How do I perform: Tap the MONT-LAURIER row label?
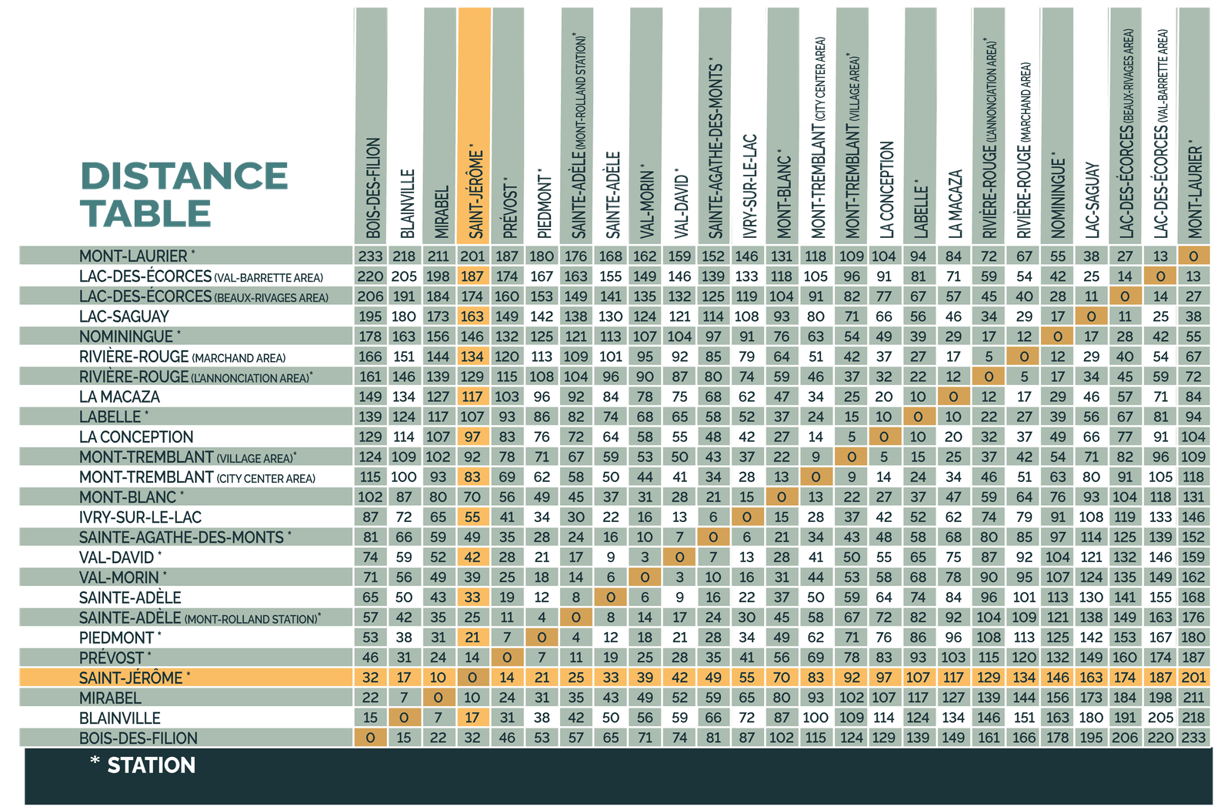133,256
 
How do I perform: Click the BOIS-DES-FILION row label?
138,738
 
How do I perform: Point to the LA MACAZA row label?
119,397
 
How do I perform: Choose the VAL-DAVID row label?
117,557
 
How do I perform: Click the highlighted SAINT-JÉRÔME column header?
475,192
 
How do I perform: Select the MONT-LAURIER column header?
1194,189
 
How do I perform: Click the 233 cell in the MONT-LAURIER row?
370,256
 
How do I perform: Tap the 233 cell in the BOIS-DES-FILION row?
1193,738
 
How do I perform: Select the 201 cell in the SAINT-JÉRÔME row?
1193,678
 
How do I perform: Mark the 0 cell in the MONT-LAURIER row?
1193,256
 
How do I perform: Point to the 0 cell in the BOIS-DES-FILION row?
370,738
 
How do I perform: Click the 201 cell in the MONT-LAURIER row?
472,256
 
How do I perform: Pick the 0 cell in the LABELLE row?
917,417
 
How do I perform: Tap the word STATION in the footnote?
151,765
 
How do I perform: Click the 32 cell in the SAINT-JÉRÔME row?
370,678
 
